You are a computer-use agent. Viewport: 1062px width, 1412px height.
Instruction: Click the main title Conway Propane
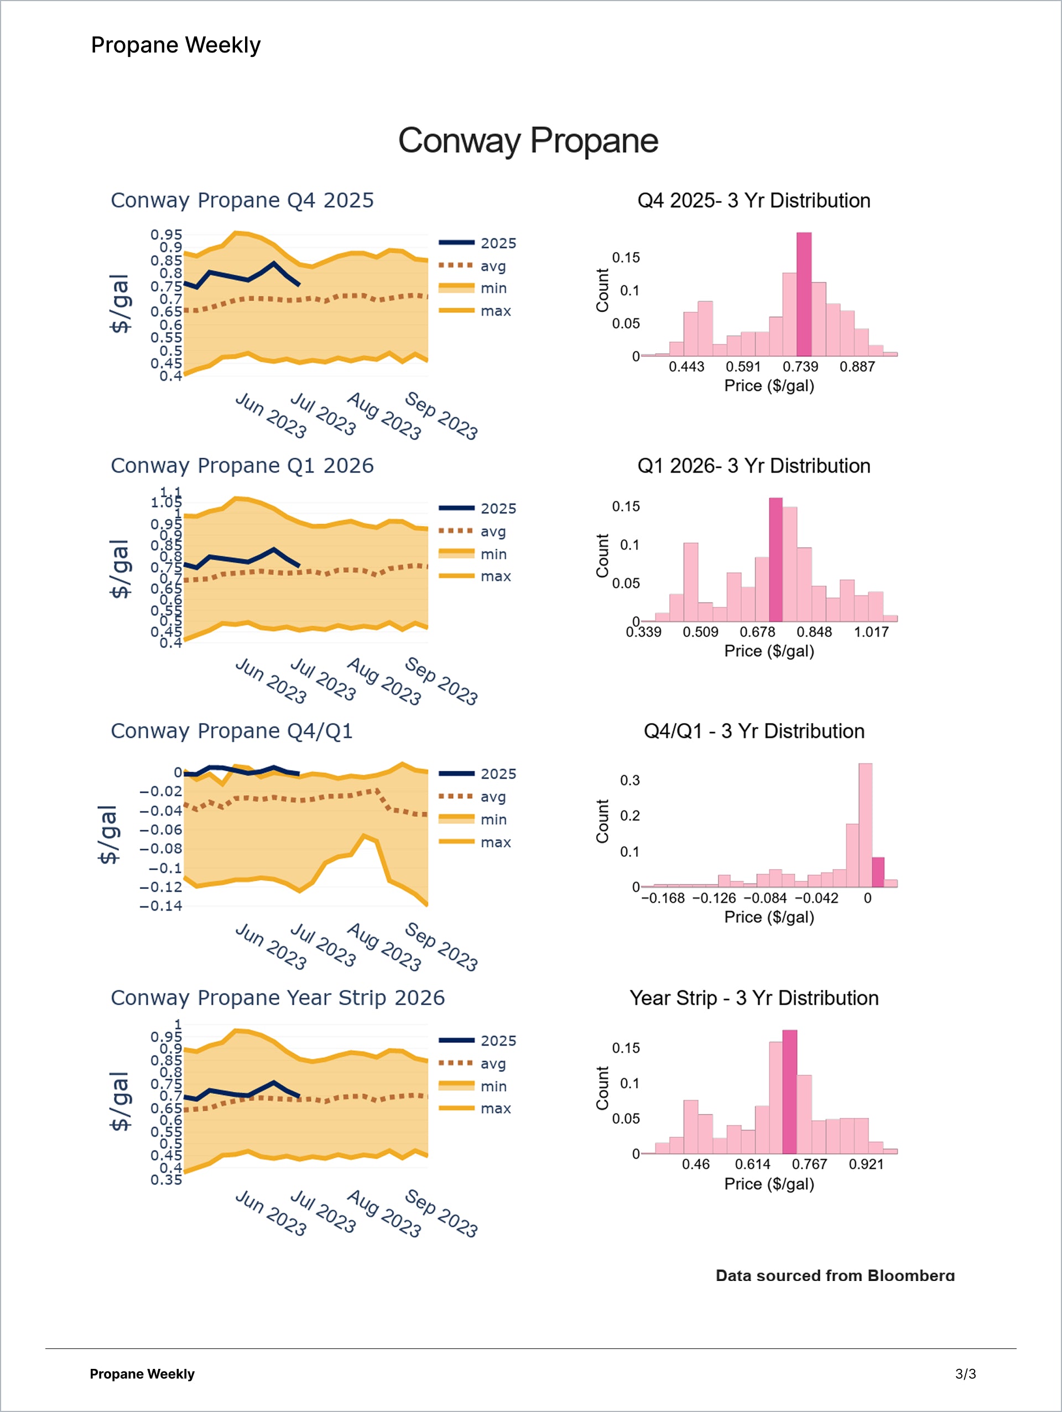click(x=528, y=140)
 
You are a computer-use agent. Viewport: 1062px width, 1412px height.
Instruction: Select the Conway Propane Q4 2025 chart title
click(x=242, y=201)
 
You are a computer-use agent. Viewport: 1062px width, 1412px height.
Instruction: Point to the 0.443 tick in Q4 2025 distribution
click(x=686, y=367)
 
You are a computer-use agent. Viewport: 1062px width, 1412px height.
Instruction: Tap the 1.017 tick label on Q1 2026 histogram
click(x=871, y=632)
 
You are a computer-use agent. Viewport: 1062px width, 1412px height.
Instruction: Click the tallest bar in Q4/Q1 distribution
click(x=865, y=825)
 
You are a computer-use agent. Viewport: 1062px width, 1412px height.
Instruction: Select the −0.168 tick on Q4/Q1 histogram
click(x=663, y=898)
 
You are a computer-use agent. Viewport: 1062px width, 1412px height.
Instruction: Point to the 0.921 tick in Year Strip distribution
click(x=866, y=1164)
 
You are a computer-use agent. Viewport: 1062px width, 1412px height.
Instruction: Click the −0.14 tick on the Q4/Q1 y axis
click(x=161, y=906)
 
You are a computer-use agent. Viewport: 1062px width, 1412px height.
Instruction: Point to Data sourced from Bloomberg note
click(x=835, y=1275)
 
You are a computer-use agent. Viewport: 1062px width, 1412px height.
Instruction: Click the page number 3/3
click(x=965, y=1374)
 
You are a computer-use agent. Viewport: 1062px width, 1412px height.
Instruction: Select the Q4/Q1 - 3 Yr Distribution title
click(x=753, y=731)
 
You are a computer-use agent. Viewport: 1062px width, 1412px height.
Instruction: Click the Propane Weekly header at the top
click(x=175, y=45)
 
